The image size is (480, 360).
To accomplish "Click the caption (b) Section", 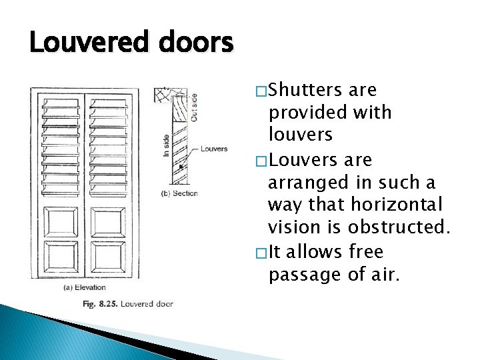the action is tap(179, 193).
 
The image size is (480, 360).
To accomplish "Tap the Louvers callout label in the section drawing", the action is tap(213, 149).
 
